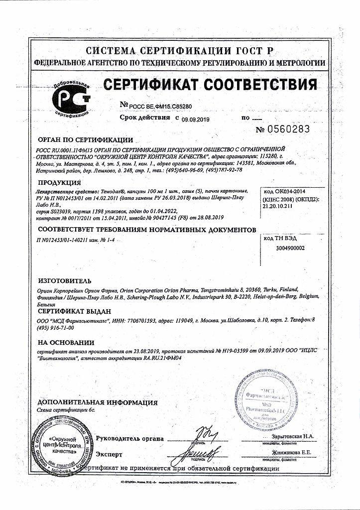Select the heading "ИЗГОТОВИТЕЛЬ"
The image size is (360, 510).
65,281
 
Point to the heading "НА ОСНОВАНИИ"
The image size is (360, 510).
66,343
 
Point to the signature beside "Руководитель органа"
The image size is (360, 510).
205,433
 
